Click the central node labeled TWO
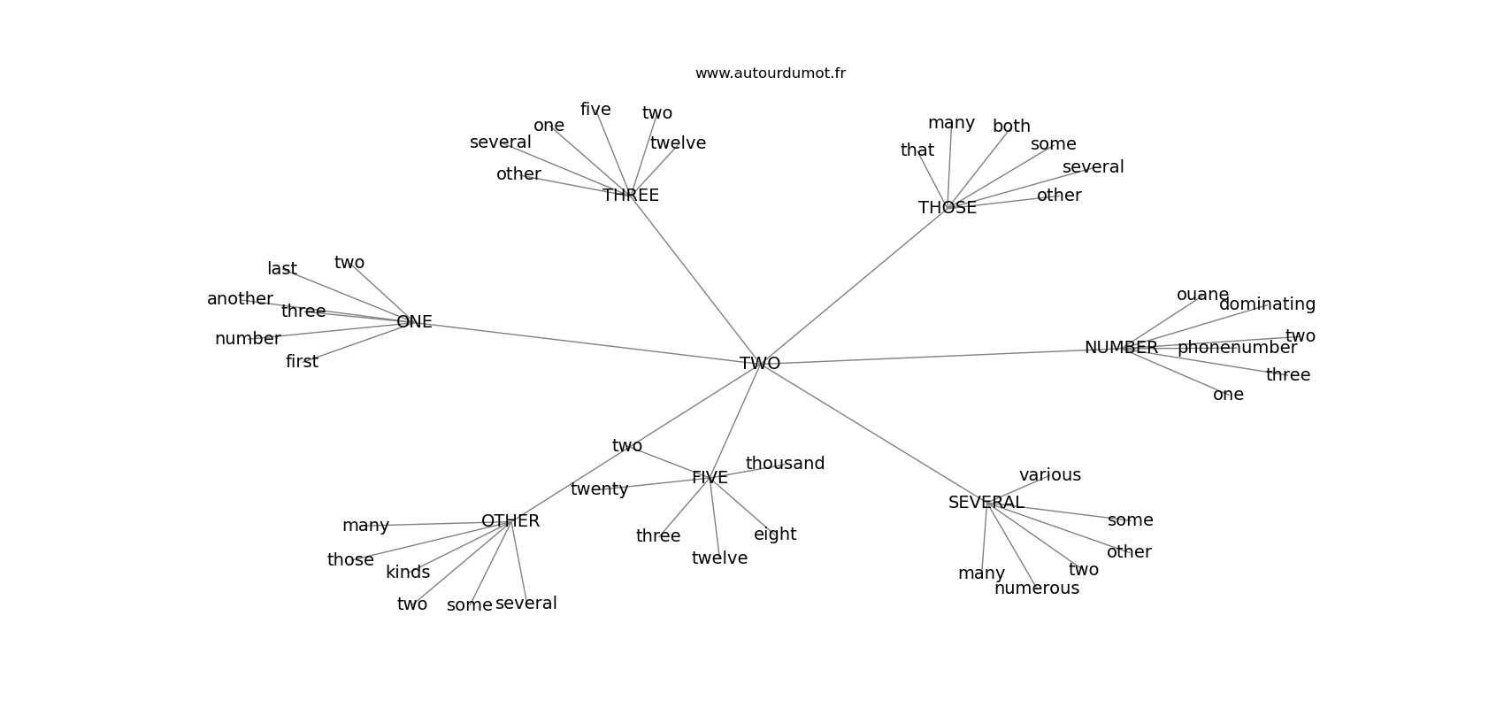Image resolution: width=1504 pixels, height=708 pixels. coord(760,364)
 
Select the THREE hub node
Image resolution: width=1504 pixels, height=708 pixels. coord(631,196)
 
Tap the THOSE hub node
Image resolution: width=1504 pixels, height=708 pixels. coord(948,208)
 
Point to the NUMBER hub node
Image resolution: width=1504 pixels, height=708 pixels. coord(1121,348)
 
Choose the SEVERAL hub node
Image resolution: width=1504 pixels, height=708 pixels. coord(986,503)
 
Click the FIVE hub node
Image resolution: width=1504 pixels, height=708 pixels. coord(710,478)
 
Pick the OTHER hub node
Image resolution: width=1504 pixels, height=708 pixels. coord(510,521)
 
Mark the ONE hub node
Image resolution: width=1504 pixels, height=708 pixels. coord(414,322)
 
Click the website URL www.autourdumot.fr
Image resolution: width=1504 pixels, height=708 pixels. coord(770,73)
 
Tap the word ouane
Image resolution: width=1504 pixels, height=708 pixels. coord(1202,295)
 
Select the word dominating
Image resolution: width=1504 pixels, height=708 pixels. coord(1267,304)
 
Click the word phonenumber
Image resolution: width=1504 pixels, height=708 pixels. coord(1237,348)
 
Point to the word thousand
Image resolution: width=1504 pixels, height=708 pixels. coord(785,464)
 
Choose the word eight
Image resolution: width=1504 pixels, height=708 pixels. coord(775,535)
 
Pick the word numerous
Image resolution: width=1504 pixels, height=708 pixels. coord(1037,589)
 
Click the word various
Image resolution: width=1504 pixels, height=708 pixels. coord(1050,475)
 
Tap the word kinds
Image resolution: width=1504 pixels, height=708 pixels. coord(408,573)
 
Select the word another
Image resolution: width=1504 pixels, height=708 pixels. coord(240,299)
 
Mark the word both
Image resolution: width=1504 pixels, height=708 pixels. coord(1011,127)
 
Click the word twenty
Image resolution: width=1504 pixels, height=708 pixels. coord(599,489)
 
